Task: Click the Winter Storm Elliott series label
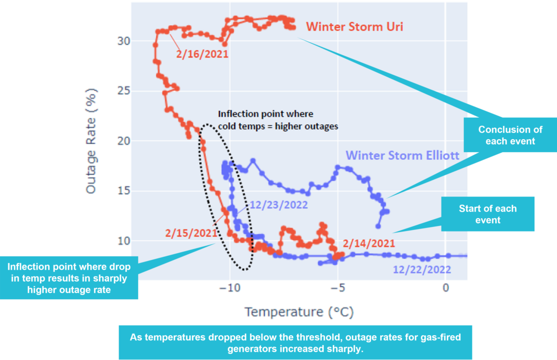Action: pyautogui.click(x=402, y=155)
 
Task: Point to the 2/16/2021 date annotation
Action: pyautogui.click(x=202, y=54)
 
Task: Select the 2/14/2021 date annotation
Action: pyautogui.click(x=369, y=243)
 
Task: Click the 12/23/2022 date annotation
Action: pyautogui.click(x=279, y=205)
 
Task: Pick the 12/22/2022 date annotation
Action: pyautogui.click(x=422, y=269)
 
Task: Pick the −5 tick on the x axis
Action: pyautogui.click(x=338, y=288)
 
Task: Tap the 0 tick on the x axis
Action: pyautogui.click(x=446, y=288)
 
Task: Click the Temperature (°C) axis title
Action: pyautogui.click(x=299, y=312)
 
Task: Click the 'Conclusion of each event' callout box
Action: pyautogui.click(x=511, y=135)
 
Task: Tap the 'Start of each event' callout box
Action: pyautogui.click(x=488, y=214)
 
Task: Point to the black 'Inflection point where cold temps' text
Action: pyautogui.click(x=277, y=120)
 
